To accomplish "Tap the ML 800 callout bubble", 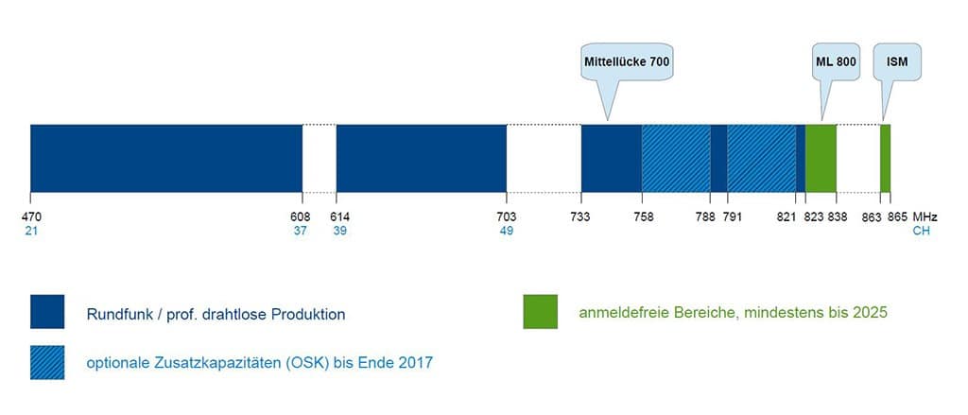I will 835,61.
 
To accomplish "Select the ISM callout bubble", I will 896,61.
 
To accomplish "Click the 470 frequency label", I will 32,216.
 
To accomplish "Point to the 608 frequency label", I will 301,216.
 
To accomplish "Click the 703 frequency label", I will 507,216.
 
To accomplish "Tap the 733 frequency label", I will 580,216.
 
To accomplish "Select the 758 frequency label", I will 644,216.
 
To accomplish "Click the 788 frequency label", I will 704,216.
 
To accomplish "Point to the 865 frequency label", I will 898,216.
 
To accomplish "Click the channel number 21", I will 31,231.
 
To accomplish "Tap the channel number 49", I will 507,231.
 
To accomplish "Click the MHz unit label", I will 925,216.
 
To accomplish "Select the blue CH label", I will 921,231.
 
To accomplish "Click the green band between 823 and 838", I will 821,158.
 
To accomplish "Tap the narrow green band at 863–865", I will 886,158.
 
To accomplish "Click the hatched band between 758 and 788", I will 676,158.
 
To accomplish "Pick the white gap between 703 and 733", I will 544,158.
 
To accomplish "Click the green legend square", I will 540,312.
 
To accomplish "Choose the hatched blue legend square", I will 47,362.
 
